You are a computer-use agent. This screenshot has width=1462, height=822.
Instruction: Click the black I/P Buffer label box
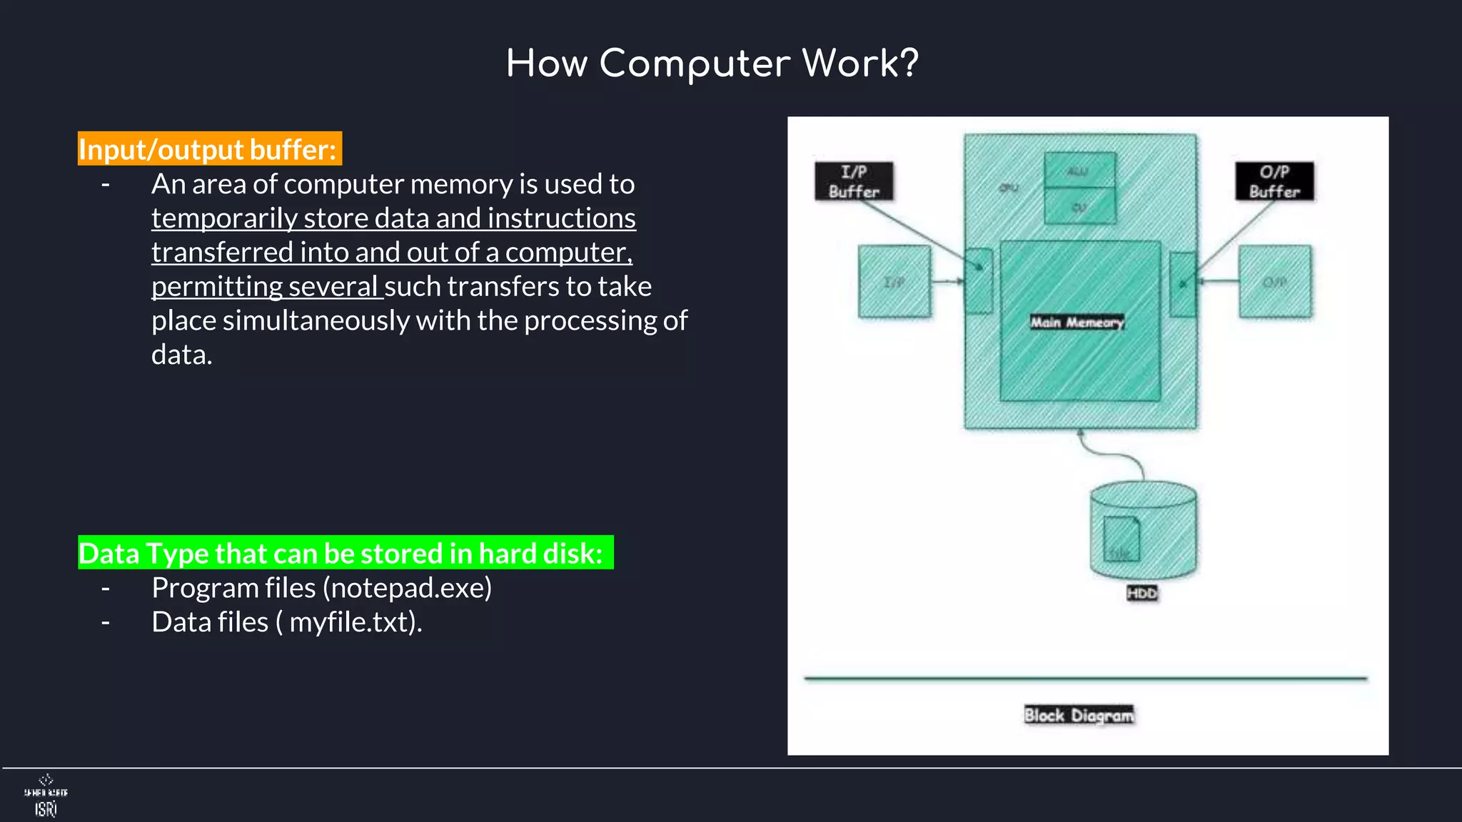tap(854, 181)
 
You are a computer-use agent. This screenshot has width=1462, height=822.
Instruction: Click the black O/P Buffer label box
tap(1274, 181)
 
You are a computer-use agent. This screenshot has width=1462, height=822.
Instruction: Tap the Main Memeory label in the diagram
tap(1077, 323)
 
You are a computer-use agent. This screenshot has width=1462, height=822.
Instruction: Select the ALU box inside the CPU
tap(1079, 171)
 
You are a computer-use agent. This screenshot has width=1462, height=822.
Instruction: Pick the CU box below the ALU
tap(1079, 207)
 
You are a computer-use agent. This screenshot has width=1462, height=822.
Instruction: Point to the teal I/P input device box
tap(894, 282)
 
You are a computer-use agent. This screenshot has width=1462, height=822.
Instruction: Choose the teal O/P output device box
tap(1275, 282)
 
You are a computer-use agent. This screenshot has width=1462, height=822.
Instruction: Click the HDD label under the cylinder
tap(1141, 594)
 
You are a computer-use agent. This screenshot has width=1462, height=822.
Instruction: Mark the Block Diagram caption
tap(1079, 715)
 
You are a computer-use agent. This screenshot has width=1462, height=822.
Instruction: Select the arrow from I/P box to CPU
tap(948, 282)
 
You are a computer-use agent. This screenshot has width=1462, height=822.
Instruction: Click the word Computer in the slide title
tap(695, 64)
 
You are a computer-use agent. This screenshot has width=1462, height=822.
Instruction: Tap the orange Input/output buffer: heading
tap(209, 149)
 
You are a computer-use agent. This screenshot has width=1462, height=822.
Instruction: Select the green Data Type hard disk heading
tap(346, 553)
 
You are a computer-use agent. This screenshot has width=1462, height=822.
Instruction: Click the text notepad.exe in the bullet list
tap(407, 588)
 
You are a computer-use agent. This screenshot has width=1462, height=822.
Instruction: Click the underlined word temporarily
tap(224, 218)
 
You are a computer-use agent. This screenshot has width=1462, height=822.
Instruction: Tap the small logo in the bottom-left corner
tap(46, 796)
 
